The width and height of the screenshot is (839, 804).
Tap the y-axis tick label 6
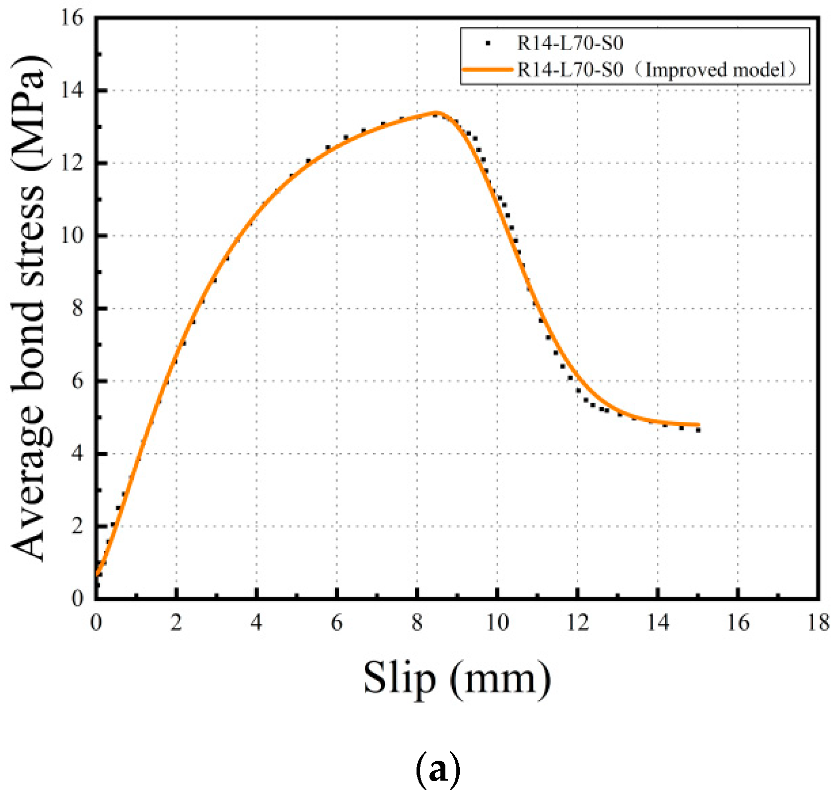tap(77, 381)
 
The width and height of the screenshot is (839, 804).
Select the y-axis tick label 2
tap(77, 526)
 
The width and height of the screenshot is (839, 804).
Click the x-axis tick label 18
tap(818, 622)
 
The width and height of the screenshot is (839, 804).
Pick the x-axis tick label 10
tap(497, 622)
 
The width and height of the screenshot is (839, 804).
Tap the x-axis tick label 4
tap(256, 622)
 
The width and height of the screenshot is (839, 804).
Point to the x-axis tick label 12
tap(577, 622)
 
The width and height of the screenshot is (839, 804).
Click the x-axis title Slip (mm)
tap(457, 679)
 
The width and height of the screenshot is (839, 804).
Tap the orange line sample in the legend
tap(487, 70)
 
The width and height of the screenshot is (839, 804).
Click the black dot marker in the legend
tap(488, 44)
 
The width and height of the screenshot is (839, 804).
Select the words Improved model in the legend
tap(717, 70)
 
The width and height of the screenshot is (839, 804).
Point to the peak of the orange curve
tap(436, 112)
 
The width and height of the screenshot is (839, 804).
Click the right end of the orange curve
tap(699, 425)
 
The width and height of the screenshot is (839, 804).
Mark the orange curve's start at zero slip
tap(97, 575)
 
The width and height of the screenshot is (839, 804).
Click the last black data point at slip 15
tap(699, 430)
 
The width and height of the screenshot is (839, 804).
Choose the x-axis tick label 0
tap(96, 622)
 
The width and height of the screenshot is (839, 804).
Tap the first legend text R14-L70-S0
tap(570, 44)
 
